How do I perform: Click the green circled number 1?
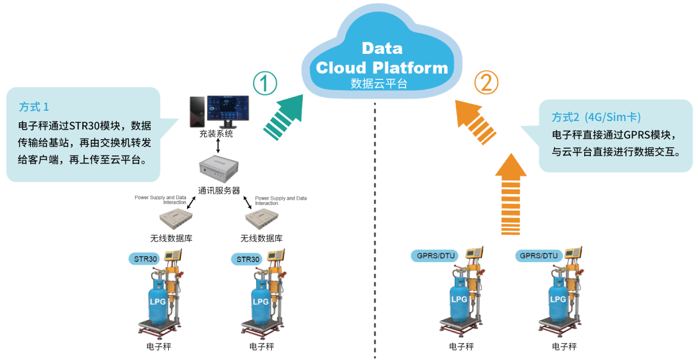click(x=265, y=83)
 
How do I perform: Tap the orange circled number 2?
click(x=486, y=83)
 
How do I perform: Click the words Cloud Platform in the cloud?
click(x=381, y=68)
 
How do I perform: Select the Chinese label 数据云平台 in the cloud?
click(x=379, y=83)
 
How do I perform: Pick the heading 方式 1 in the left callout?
click(x=34, y=107)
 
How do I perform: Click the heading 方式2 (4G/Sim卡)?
click(x=596, y=117)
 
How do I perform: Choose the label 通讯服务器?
click(x=219, y=191)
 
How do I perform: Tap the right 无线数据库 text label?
click(x=262, y=238)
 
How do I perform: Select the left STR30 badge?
click(x=145, y=259)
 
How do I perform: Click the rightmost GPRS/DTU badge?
click(x=539, y=256)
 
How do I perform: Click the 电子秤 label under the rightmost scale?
click(x=564, y=346)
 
